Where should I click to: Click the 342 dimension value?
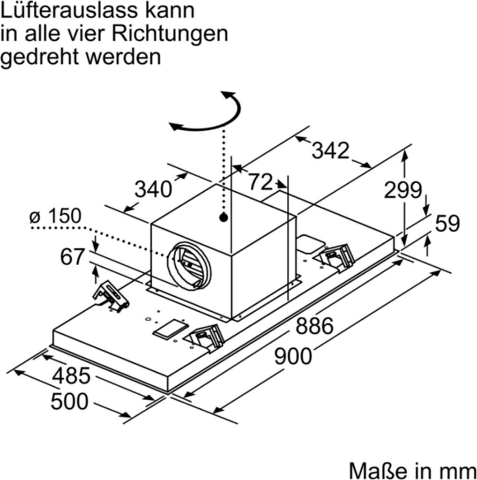pos(331,151)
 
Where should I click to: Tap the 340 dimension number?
pos(153,189)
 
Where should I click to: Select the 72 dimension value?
pos(260,182)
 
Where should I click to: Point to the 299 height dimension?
pos(403,190)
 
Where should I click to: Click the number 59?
pos(447,224)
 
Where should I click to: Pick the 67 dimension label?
pos(73,257)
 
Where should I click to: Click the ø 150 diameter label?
pos(55,216)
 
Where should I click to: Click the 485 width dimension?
pos(71,376)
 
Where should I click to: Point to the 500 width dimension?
pos(69,402)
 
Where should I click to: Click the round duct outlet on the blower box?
pos(189,266)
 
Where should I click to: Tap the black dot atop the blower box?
pos(224,217)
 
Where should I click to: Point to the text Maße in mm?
pos(412,469)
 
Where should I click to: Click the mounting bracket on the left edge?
pos(111,296)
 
